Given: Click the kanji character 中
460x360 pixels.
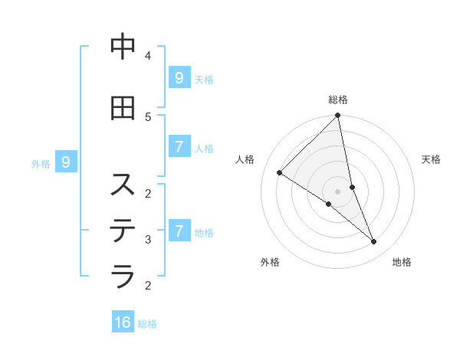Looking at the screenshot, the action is pos(123,47).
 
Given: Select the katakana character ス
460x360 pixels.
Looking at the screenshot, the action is pos(123,185).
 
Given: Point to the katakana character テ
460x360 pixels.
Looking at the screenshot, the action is pos(123,230).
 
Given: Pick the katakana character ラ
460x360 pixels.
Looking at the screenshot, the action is pos(123,274).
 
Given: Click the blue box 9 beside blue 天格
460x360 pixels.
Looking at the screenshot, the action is pos(179,77).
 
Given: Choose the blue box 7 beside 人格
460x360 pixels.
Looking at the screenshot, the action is pos(179,146).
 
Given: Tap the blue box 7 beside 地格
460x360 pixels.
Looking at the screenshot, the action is pos(179,231).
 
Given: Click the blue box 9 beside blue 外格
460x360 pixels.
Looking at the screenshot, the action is pos(66,162).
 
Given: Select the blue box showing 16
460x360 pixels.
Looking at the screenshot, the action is pos(123,322).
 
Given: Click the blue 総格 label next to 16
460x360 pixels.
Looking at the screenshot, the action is pos(147,324).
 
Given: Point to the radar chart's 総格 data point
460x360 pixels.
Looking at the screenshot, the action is pos(338,116).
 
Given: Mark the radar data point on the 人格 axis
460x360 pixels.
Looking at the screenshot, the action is pos(280,173).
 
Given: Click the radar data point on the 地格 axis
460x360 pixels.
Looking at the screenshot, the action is pos(374,242).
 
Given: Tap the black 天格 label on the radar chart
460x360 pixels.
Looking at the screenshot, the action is pos(431,159).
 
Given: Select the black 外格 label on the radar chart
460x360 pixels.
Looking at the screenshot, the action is pos(270,262).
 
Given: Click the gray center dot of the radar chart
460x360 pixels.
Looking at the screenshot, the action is pos(337,191).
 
